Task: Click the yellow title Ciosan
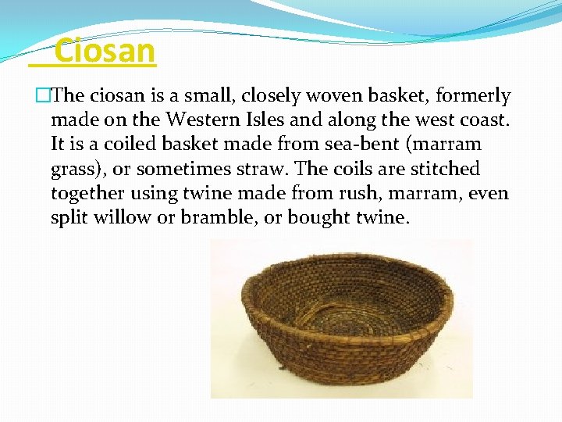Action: pyautogui.click(x=105, y=52)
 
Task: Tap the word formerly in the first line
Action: pyautogui.click(x=473, y=96)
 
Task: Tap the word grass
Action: pyautogui.click(x=73, y=169)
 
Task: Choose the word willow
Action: pyautogui.click(x=122, y=217)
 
